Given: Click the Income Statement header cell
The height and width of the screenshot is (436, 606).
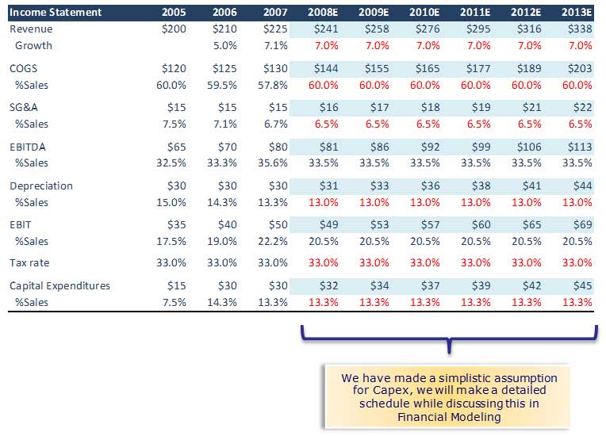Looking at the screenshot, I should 56,12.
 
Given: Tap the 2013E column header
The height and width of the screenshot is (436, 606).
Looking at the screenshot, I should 576,12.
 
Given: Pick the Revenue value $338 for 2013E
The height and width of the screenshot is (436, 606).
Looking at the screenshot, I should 580,29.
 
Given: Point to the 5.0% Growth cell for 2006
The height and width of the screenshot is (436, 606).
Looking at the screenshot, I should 226,45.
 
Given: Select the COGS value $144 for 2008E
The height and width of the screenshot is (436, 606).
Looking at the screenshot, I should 326,69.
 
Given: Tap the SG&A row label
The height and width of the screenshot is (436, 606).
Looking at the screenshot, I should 25,108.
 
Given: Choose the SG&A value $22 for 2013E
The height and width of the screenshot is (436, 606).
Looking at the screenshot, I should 583,108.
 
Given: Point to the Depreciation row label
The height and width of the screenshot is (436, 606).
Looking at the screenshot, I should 41,185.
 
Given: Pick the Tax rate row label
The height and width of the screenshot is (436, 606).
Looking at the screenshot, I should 29,262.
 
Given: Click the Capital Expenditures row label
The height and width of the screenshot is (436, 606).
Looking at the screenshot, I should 60,285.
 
